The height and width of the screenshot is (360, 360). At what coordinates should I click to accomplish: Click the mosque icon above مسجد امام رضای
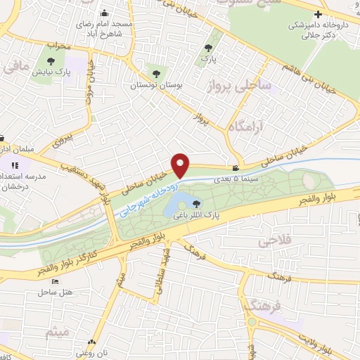click(105, 13)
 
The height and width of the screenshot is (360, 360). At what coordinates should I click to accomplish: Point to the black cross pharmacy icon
click(319, 15)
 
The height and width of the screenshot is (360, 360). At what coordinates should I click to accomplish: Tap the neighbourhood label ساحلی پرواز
click(255, 86)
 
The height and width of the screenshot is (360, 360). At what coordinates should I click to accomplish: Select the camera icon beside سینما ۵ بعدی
click(236, 168)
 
